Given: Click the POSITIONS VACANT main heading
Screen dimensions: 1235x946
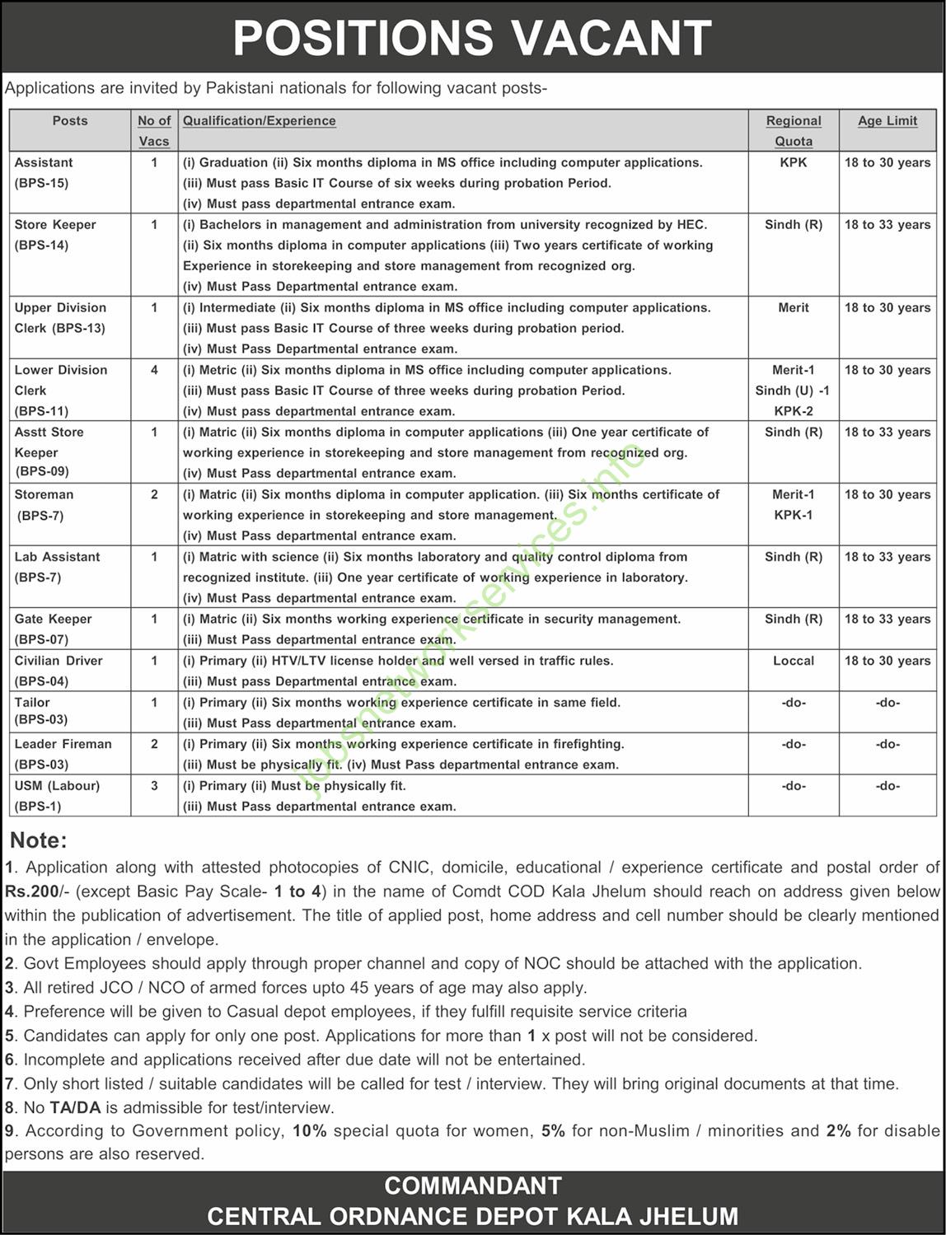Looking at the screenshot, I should [472, 37].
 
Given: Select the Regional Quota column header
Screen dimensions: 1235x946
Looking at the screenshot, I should [794, 130].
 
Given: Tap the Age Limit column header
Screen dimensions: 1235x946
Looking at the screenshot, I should [887, 120].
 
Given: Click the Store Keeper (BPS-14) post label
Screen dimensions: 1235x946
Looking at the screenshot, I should [55, 234].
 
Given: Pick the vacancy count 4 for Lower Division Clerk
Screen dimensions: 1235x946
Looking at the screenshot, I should [154, 370].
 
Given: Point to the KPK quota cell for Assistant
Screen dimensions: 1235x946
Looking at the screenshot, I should [794, 162].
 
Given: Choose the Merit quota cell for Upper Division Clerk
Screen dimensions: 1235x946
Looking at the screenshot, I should [794, 307].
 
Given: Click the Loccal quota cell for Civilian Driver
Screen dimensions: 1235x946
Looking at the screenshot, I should [794, 661].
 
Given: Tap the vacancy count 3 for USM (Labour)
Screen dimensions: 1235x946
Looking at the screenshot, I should [154, 785].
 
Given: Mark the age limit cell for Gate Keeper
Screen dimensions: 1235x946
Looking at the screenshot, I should [887, 619].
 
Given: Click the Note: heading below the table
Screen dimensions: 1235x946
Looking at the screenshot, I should [38, 840].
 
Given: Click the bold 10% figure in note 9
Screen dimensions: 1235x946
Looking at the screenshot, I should [310, 1130].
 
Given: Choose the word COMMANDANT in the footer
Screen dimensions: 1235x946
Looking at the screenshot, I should [472, 1186].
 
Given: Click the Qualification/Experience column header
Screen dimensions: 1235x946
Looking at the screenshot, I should [260, 120].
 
